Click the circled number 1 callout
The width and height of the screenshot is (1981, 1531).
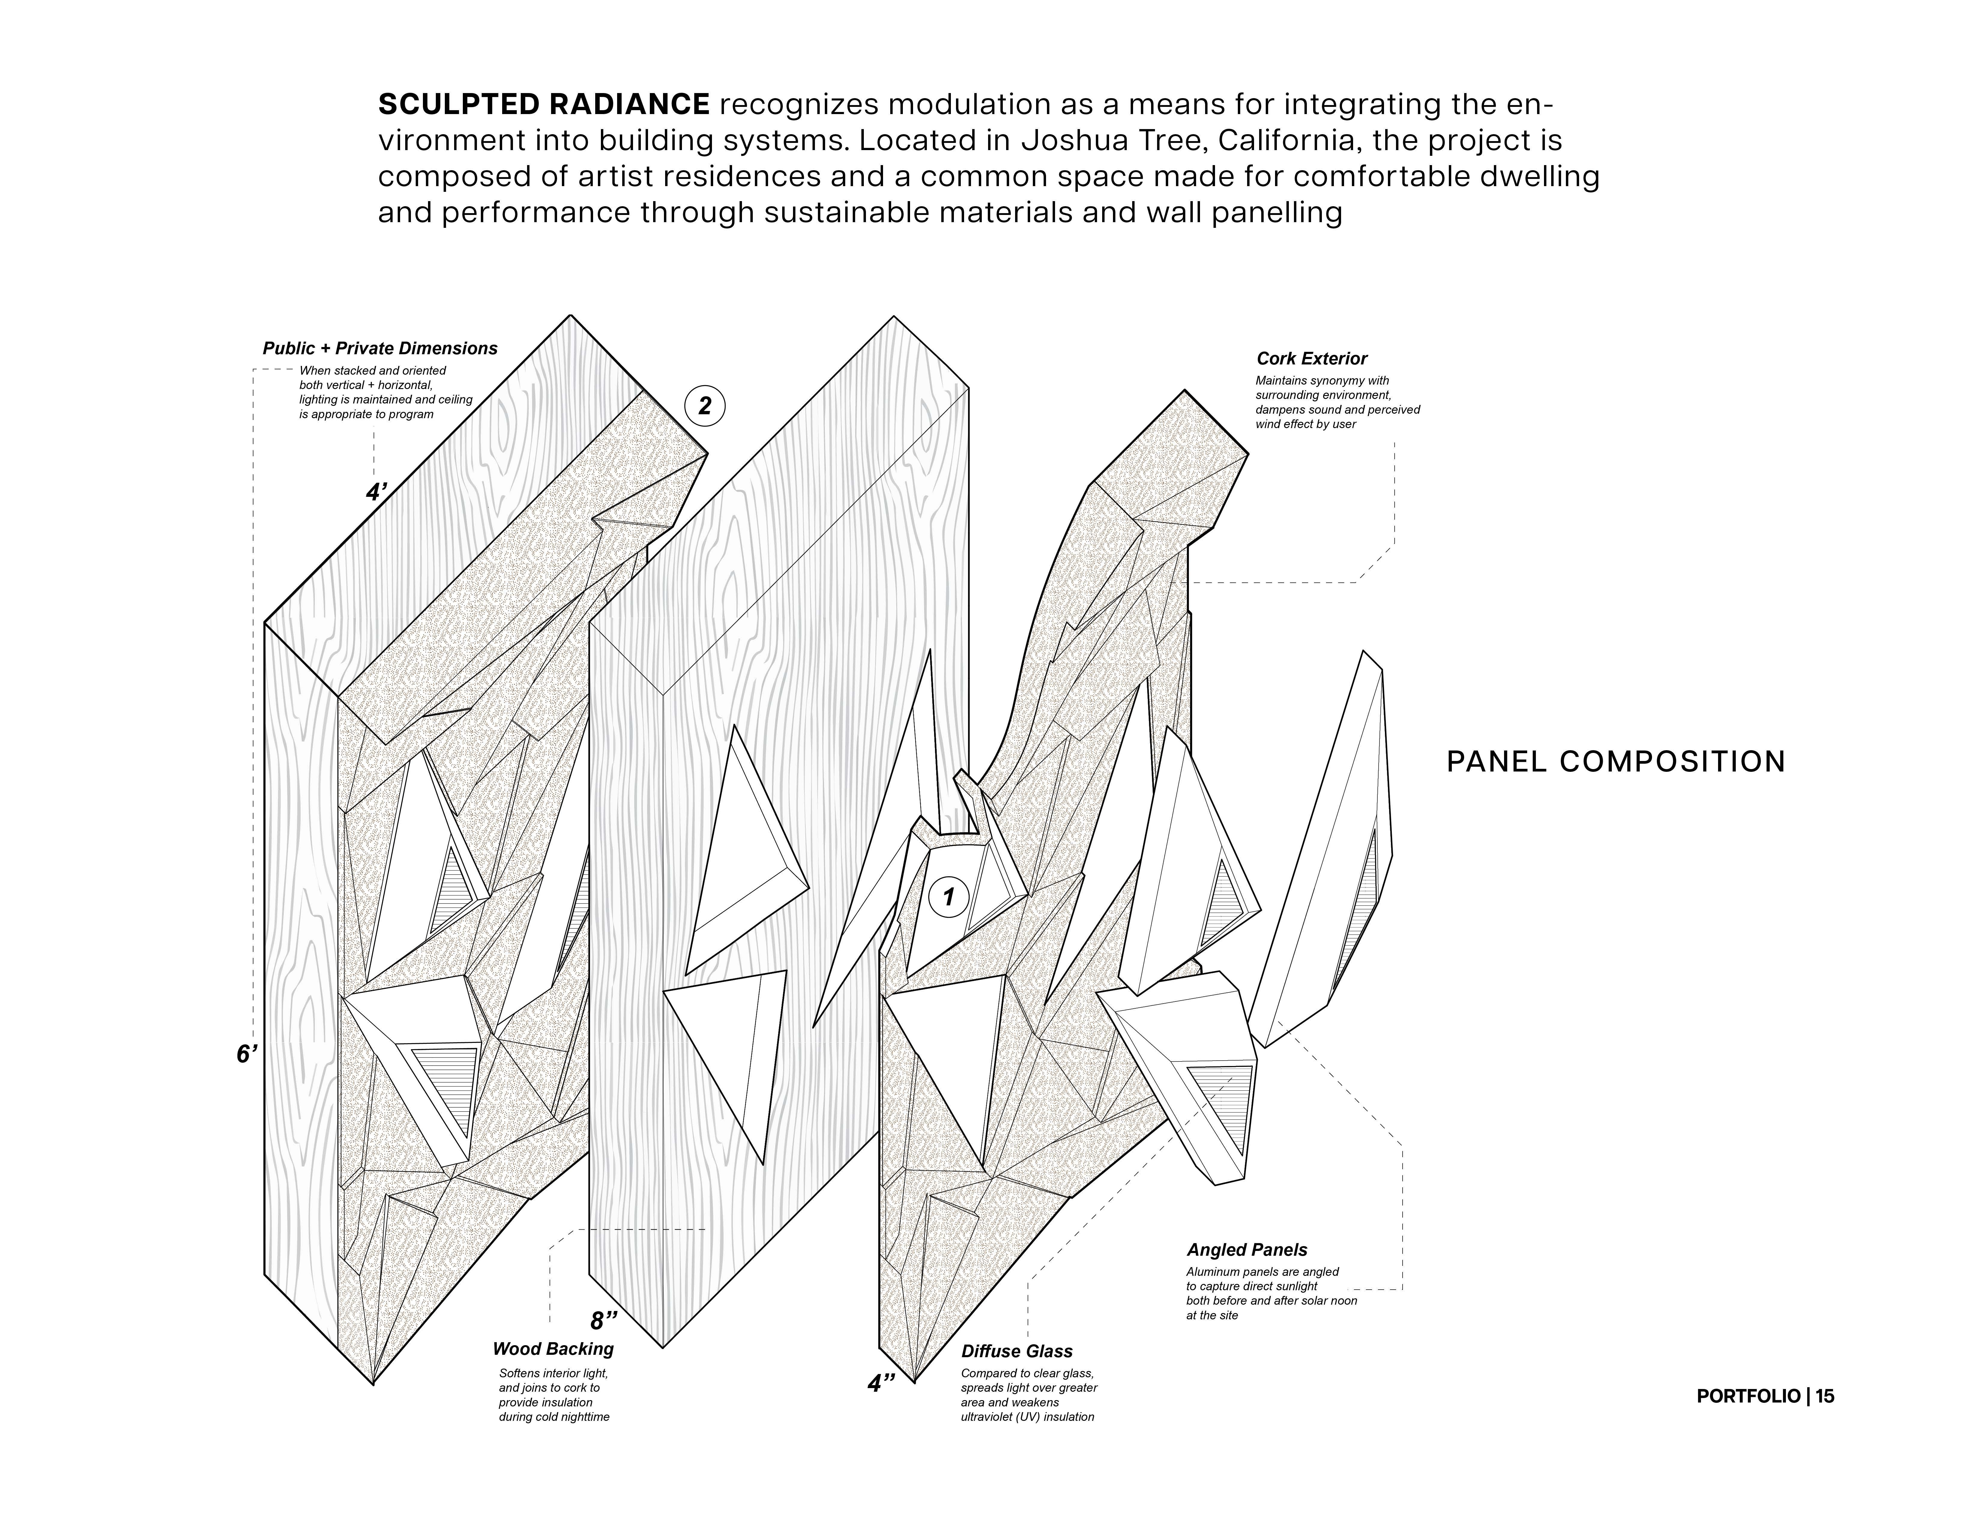[x=949, y=897]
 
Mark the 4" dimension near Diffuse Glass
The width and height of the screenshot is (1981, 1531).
[x=881, y=1383]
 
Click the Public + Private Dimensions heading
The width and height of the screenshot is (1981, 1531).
[x=380, y=348]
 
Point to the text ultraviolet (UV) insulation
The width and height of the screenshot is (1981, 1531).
[x=1027, y=1417]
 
